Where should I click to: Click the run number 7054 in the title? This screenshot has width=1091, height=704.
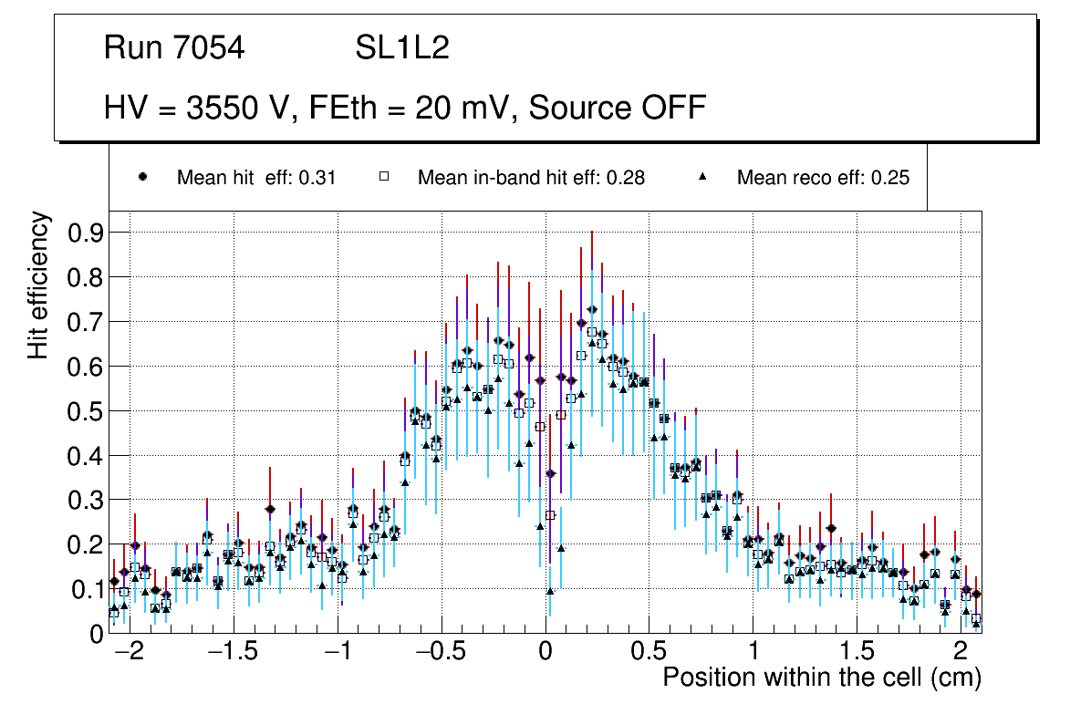[x=212, y=48]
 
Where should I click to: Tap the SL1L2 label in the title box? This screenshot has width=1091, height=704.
[x=402, y=48]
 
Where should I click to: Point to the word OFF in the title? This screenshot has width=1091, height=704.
[x=673, y=108]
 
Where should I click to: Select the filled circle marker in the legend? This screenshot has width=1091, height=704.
[x=142, y=177]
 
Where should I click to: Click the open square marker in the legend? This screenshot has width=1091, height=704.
[x=384, y=177]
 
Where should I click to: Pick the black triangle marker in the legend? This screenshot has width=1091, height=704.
[x=703, y=177]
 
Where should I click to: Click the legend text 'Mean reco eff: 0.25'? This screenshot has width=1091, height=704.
[x=823, y=178]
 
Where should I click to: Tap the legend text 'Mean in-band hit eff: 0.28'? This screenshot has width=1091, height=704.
[x=531, y=178]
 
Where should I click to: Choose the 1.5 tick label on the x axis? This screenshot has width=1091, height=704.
[x=857, y=653]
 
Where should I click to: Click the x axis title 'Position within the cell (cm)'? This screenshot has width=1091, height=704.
[x=821, y=678]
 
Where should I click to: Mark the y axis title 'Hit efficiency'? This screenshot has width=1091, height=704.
[x=38, y=285]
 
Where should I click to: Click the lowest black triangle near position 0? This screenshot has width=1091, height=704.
[x=550, y=591]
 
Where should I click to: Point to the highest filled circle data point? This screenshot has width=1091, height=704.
[x=592, y=310]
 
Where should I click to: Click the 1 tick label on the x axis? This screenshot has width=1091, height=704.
[x=753, y=653]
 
